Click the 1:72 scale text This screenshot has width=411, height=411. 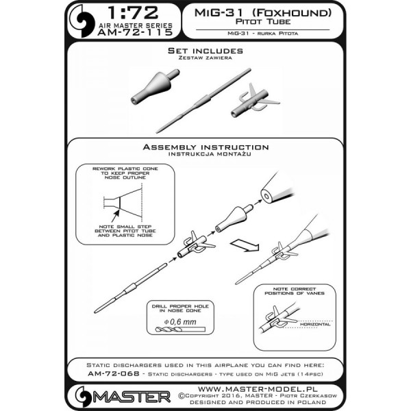click(133, 13)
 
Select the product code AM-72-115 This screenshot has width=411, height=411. click(135, 32)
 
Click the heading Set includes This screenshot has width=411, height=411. click(206, 51)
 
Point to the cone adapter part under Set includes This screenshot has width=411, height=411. click(155, 87)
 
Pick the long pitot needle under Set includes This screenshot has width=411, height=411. click(203, 101)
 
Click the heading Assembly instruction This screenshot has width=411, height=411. click(206, 147)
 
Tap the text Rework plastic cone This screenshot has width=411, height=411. click(125, 169)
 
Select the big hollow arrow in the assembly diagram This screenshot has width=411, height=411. click(245, 246)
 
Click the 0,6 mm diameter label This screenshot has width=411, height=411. click(180, 322)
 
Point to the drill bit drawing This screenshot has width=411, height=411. click(180, 329)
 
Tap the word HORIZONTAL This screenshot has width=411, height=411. click(315, 324)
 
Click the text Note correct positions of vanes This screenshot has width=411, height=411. click(295, 291)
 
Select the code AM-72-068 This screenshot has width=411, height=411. click(114, 373)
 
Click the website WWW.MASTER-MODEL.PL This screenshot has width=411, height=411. click(257, 389)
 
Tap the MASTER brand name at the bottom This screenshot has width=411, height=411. click(132, 397)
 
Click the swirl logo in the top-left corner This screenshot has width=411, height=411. click(82, 21)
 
